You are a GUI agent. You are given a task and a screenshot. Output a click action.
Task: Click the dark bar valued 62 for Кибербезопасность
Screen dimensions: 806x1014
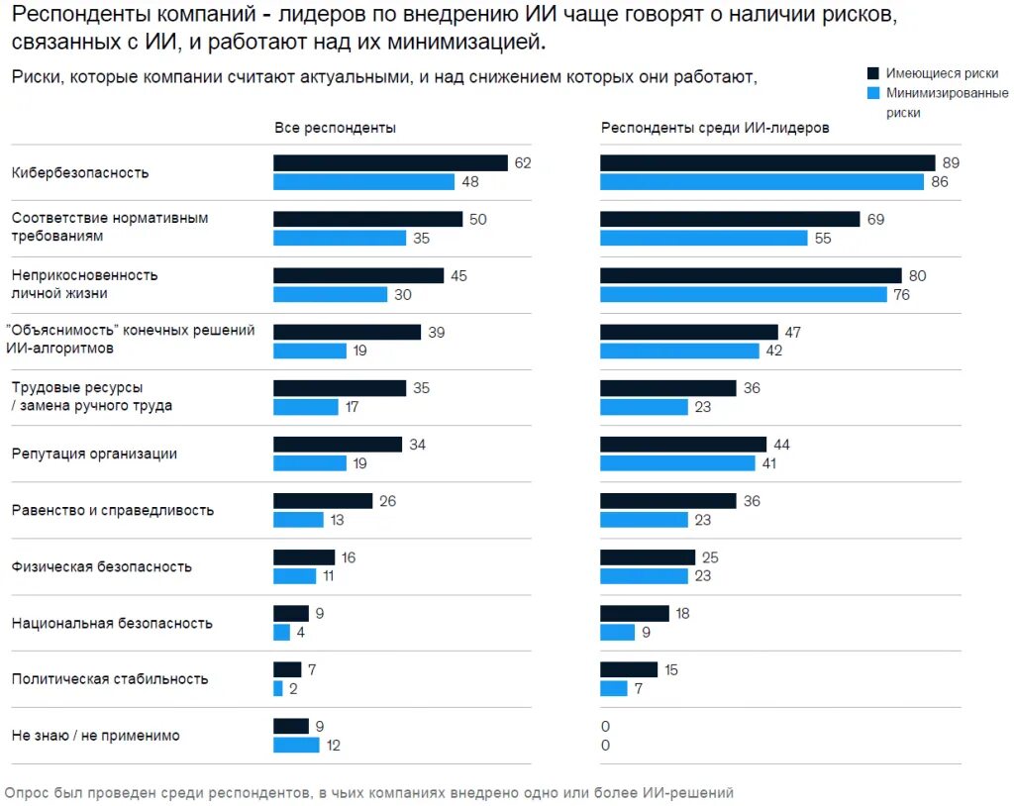pos(390,163)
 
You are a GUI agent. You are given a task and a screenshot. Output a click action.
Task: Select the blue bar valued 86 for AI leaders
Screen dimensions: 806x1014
pos(761,182)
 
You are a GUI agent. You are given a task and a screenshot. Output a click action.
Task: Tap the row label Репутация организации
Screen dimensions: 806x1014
pos(94,454)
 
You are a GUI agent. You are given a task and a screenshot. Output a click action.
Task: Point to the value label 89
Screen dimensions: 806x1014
pos(952,163)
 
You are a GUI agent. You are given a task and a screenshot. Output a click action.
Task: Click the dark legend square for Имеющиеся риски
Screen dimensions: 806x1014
pos(873,73)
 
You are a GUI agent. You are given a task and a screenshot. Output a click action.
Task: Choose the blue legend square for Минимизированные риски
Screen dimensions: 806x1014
pos(873,93)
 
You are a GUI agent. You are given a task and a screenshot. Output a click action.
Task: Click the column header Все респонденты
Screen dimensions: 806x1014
pos(335,128)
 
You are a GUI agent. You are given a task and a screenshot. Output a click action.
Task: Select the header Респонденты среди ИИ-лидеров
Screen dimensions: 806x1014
pos(715,128)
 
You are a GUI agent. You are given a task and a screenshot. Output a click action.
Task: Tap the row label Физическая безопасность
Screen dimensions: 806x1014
pos(102,567)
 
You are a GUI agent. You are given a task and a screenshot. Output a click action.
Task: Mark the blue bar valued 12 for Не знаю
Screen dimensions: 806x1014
pos(296,745)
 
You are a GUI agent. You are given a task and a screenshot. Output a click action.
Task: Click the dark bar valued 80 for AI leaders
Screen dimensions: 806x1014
pos(751,275)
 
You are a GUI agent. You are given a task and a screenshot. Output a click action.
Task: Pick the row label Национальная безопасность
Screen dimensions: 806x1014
pos(112,624)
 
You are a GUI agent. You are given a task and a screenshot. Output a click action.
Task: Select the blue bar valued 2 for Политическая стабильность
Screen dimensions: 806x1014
pos(278,688)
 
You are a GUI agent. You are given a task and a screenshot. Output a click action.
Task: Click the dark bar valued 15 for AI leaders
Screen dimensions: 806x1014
pos(629,669)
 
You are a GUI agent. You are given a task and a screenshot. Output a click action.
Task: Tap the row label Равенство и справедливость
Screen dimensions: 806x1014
pos(113,511)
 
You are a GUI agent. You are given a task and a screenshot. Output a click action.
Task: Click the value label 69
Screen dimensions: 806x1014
pos(875,220)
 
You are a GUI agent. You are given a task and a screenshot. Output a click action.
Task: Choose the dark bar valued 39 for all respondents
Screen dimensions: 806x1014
pos(347,332)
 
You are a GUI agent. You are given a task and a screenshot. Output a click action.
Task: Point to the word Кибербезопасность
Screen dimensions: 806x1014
pos(80,172)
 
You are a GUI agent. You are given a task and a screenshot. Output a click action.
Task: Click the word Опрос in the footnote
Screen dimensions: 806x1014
pos(25,792)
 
